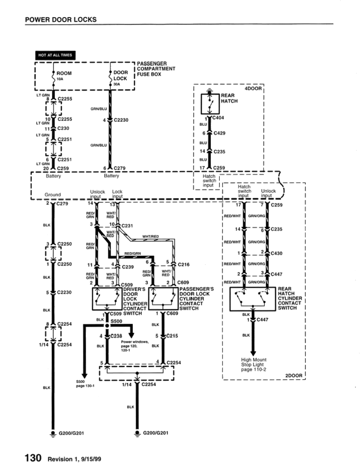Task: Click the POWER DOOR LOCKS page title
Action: pyautogui.click(x=61, y=19)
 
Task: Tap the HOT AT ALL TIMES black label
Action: pyautogui.click(x=55, y=55)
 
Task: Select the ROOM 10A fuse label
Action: pyautogui.click(x=64, y=75)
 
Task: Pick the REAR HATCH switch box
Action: pyautogui.click(x=210, y=104)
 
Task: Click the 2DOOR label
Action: pyautogui.click(x=294, y=376)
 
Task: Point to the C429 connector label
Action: pyautogui.click(x=220, y=133)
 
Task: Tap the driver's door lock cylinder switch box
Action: pyautogui.click(x=107, y=299)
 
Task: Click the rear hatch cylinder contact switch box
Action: pyautogui.click(x=252, y=299)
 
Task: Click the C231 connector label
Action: pyautogui.click(x=127, y=226)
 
